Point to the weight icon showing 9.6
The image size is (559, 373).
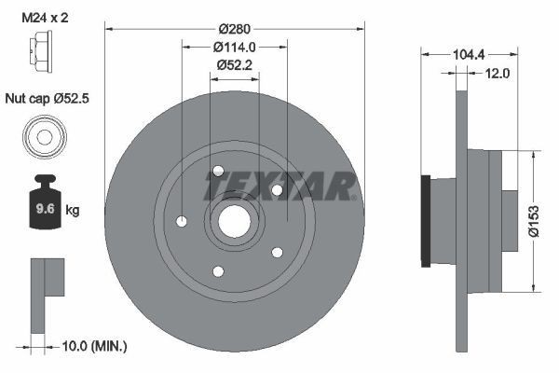coord(43,207)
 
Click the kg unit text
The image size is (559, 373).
coord(73,211)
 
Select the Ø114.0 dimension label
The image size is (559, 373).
coord(235,48)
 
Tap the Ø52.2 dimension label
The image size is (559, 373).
coord(235,65)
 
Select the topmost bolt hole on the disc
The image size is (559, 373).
coord(218,171)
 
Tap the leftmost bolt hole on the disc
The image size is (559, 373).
coord(182,221)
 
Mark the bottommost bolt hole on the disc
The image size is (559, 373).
coord(218,271)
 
